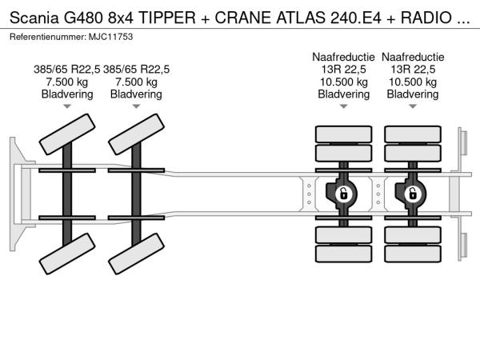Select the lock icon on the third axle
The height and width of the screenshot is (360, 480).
click(342, 193)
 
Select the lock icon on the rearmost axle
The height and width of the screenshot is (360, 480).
click(413, 193)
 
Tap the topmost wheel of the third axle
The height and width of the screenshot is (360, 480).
click(342, 134)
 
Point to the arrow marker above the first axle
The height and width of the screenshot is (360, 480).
click(67, 106)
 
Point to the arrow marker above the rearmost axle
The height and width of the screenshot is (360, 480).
click(413, 106)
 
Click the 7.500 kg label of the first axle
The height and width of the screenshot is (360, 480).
click(67, 82)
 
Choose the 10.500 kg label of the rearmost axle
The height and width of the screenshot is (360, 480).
click(413, 82)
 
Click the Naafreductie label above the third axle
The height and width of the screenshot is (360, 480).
click(343, 57)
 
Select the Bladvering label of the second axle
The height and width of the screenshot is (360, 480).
click(136, 94)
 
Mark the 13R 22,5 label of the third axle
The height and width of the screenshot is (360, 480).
click(343, 69)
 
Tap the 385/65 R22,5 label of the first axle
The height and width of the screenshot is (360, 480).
click(67, 69)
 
